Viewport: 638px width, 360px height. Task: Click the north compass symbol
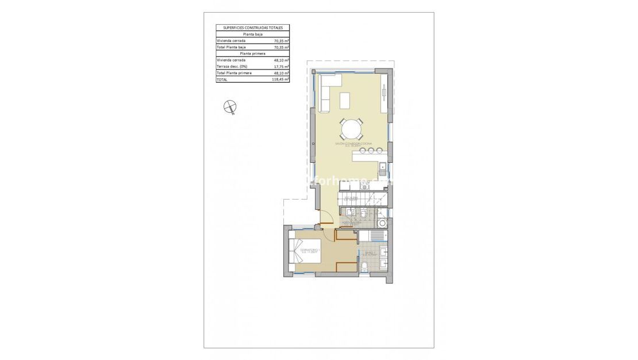click(x=230, y=106)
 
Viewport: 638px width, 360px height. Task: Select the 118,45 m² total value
click(x=280, y=80)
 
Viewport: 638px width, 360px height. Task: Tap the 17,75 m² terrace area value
click(x=281, y=67)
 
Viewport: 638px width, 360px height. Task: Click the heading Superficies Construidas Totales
click(x=253, y=28)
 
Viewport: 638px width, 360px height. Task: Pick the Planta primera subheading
click(x=253, y=53)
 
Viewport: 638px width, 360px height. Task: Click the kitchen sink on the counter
click(x=382, y=168)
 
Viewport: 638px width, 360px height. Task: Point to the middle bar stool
click(x=371, y=151)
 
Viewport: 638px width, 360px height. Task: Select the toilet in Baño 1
click(x=366, y=266)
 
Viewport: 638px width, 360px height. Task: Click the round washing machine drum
click(x=382, y=223)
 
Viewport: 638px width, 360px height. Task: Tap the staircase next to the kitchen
click(x=362, y=199)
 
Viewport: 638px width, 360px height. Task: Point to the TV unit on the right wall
click(x=384, y=91)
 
